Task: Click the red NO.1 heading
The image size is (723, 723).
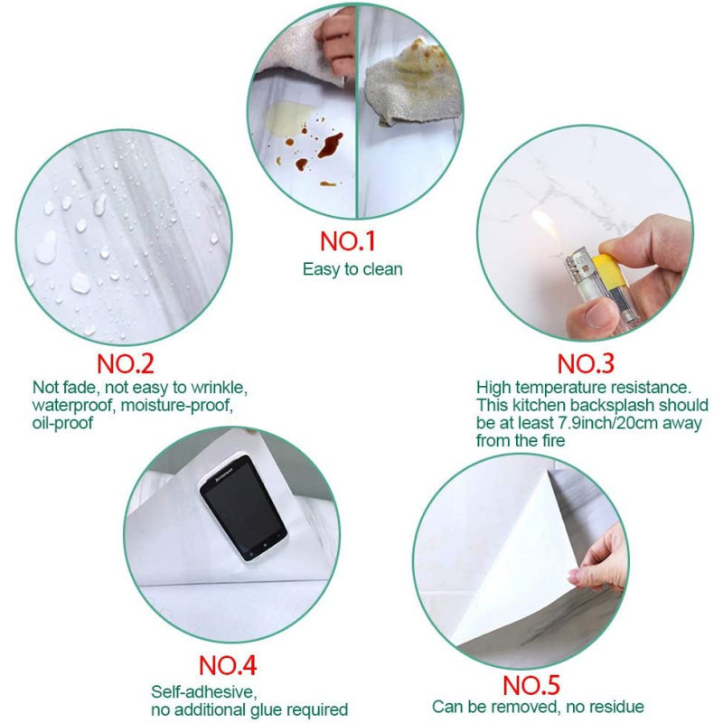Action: click(x=348, y=241)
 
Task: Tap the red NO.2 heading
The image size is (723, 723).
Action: click(x=126, y=364)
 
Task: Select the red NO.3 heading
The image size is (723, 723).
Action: click(x=586, y=364)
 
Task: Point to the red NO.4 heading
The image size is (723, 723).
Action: click(x=228, y=665)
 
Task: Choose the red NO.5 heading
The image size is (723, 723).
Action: click(x=531, y=685)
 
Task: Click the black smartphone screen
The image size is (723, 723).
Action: click(x=243, y=508)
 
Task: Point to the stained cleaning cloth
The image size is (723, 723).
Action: click(x=413, y=83)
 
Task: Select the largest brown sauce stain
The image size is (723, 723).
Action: click(x=331, y=146)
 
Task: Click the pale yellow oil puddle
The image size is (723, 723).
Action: click(x=288, y=117)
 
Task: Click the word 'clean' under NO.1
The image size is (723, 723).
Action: click(x=382, y=268)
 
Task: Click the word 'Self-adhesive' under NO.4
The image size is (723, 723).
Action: click(x=204, y=691)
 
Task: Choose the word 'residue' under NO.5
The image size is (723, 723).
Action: click(x=617, y=707)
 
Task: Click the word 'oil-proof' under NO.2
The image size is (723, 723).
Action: click(x=62, y=423)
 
